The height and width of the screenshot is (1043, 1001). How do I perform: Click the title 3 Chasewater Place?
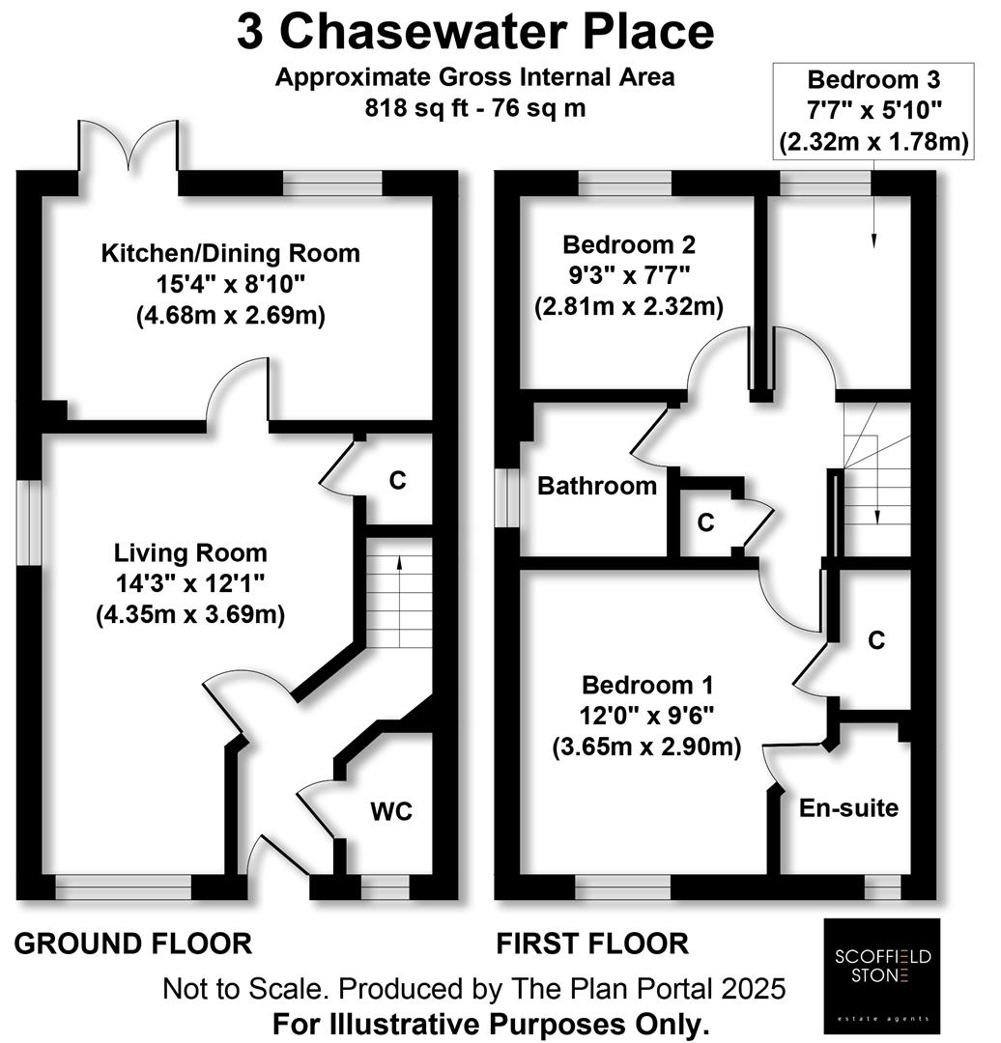tap(475, 31)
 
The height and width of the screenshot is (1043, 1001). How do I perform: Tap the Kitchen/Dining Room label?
tap(230, 253)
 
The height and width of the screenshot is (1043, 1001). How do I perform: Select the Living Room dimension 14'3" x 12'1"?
tap(190, 583)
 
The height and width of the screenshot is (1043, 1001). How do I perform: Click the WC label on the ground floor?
tap(391, 811)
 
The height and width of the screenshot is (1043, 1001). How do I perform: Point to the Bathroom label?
tap(597, 486)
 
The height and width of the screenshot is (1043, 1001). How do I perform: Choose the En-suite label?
tap(848, 807)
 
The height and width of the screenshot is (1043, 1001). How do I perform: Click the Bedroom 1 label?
tap(647, 685)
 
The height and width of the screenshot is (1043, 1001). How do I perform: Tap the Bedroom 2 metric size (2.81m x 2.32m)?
tap(629, 307)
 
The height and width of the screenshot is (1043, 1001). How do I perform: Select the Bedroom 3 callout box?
tap(873, 111)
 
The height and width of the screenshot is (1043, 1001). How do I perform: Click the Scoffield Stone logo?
tap(882, 975)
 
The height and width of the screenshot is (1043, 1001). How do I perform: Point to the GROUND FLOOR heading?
tap(133, 944)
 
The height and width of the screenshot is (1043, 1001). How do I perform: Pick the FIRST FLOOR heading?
tap(592, 944)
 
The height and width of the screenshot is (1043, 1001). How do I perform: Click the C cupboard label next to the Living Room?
tap(397, 480)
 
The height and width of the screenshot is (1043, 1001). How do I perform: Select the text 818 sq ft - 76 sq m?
tap(475, 108)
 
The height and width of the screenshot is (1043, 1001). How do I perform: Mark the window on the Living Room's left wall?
tap(29, 522)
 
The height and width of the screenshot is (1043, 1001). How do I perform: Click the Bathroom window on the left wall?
tap(507, 498)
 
